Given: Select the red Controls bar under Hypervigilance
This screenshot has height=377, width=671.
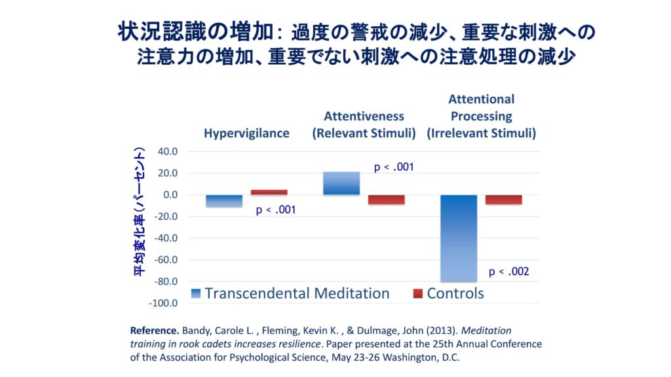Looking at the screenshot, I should pyautogui.click(x=269, y=192).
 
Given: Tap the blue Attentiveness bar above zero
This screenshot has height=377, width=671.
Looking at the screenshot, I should pyautogui.click(x=341, y=183).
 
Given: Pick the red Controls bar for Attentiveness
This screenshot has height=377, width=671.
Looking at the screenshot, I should pyautogui.click(x=386, y=200).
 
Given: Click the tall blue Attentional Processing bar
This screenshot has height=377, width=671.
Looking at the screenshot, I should pyautogui.click(x=458, y=238).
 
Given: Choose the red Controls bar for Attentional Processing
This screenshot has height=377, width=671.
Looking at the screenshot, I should pyautogui.click(x=503, y=200).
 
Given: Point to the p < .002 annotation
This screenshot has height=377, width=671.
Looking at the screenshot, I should pyautogui.click(x=508, y=272).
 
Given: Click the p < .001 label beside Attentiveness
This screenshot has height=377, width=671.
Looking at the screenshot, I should pyautogui.click(x=394, y=167).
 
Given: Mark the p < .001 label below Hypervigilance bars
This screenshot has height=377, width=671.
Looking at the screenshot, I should pyautogui.click(x=276, y=210).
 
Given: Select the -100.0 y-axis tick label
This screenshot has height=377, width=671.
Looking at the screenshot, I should pyautogui.click(x=164, y=303).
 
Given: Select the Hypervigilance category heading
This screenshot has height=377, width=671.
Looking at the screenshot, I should pyautogui.click(x=246, y=133).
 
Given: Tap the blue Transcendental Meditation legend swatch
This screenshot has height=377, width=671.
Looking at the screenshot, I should pyautogui.click(x=196, y=293).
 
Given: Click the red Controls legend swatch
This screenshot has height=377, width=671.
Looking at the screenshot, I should pyautogui.click(x=417, y=293).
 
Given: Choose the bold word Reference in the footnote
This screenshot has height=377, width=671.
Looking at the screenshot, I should pyautogui.click(x=155, y=330).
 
